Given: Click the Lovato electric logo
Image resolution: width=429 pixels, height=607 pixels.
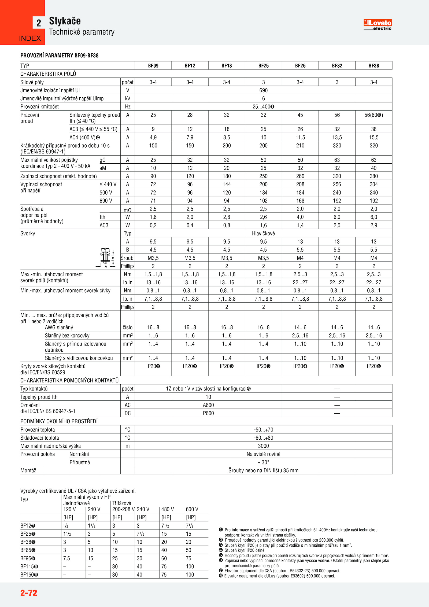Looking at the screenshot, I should [x=378, y=25].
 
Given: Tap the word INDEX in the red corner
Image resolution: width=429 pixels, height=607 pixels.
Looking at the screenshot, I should [x=30, y=38].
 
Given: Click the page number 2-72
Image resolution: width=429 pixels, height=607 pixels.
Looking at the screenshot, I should [x=29, y=593].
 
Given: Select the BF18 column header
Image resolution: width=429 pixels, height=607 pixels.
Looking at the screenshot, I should [x=227, y=66].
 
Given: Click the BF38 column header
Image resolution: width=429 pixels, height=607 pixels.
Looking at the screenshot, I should [x=373, y=66].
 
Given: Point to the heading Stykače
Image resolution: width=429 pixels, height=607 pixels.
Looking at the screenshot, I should [x=65, y=21].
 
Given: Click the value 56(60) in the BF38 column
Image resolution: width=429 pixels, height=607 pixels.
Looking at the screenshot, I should [x=373, y=115].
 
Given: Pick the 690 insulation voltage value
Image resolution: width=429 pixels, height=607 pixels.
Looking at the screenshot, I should [x=263, y=90].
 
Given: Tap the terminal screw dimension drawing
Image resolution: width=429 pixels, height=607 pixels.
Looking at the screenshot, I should [x=106, y=257].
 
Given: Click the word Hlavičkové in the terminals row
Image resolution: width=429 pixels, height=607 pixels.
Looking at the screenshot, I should [x=263, y=233].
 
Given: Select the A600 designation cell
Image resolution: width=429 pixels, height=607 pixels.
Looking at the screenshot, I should [x=208, y=405].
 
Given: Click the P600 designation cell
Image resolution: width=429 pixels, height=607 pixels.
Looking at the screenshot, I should [x=208, y=413].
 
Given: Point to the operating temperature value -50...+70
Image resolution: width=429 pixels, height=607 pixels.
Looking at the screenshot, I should [x=263, y=430].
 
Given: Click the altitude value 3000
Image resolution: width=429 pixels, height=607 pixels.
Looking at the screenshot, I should [x=263, y=446].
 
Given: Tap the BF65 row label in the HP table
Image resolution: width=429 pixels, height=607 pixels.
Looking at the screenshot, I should [x=28, y=550].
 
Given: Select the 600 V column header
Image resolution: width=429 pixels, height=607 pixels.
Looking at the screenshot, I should [x=192, y=509].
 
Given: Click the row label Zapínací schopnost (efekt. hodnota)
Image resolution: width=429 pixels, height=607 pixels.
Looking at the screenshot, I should [x=59, y=176].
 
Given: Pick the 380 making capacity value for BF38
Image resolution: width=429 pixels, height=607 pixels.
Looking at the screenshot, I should [x=373, y=176].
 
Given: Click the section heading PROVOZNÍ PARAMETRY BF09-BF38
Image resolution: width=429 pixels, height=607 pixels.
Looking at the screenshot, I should [x=60, y=56].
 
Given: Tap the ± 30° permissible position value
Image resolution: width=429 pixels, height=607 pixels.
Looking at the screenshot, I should [x=263, y=462].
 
